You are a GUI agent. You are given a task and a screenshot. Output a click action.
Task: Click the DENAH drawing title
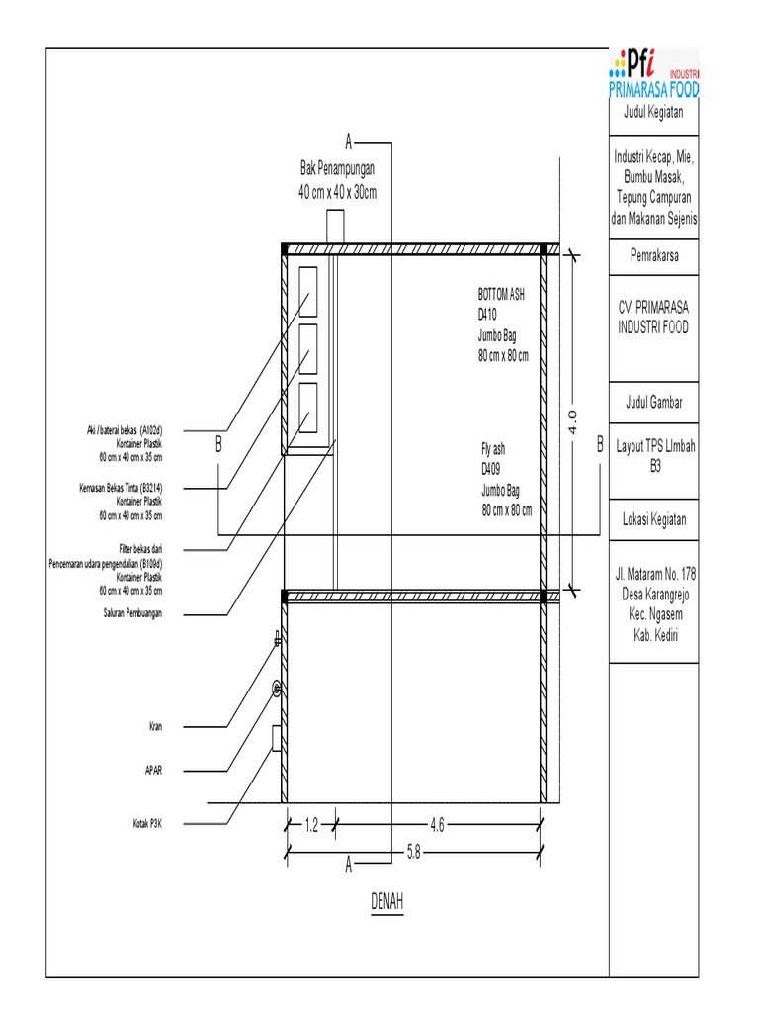tap(387, 902)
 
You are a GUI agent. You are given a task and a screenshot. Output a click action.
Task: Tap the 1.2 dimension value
tap(310, 824)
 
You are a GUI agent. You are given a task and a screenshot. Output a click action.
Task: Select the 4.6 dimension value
tap(436, 824)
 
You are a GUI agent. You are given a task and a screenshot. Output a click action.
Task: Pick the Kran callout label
tap(155, 727)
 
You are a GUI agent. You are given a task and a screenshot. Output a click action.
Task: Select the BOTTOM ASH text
tap(501, 294)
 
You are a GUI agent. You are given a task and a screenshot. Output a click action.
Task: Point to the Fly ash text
tap(493, 449)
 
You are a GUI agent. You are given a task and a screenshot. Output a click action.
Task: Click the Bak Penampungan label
tap(338, 170)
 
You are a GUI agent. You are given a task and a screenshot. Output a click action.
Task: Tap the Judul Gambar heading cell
tap(653, 402)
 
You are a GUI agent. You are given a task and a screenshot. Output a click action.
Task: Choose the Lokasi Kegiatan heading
tap(653, 520)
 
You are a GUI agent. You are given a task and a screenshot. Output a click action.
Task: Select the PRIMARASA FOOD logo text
tap(653, 90)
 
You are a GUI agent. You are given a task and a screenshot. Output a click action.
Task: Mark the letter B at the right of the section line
tap(598, 446)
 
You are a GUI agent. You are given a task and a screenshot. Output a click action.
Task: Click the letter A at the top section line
tap(348, 140)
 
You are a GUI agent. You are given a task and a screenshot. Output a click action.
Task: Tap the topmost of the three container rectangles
tap(307, 291)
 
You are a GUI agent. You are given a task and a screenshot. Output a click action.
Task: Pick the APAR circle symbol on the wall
tap(278, 688)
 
